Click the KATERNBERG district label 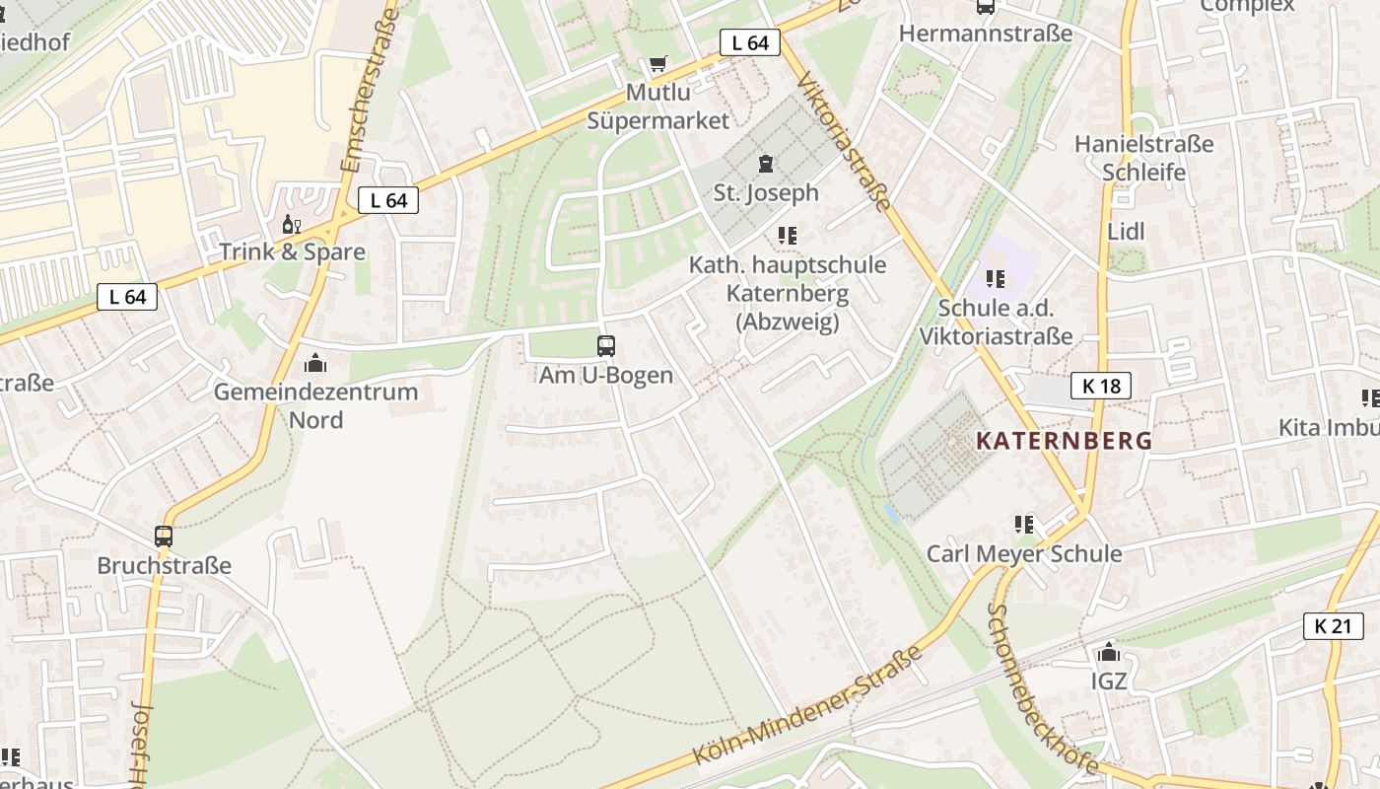coord(1064,440)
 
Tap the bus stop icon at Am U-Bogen coord(606,346)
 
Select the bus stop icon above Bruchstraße coord(164,537)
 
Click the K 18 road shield coord(1101,386)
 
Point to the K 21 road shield coord(1333,625)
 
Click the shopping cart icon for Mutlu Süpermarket coord(657,64)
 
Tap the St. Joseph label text coord(766,192)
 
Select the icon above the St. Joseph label coord(765,163)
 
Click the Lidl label coord(1126,232)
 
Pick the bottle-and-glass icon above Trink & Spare coord(292,224)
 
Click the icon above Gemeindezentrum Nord coord(315,363)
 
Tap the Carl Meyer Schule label coord(1023,553)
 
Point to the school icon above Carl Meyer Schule coord(1024,525)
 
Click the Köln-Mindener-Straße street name coord(807,705)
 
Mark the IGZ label coord(1109,681)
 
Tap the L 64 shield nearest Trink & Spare coord(388,200)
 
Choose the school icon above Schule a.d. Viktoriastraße coord(996,279)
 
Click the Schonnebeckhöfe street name coord(1041,687)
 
